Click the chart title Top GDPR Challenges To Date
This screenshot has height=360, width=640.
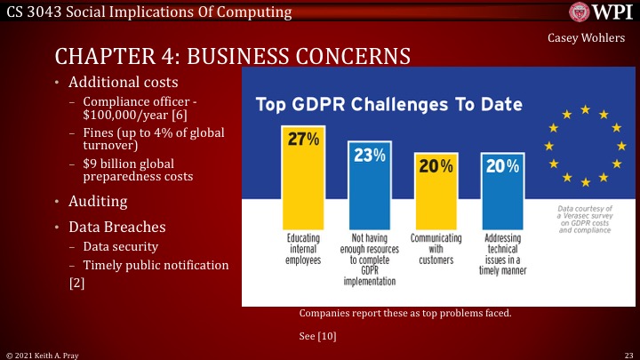pos(388,104)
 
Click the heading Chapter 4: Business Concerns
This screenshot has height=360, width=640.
pos(232,56)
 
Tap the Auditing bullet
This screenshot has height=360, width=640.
pos(98,201)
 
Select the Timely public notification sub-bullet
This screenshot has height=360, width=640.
pos(156,265)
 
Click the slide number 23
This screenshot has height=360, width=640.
pos(628,354)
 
